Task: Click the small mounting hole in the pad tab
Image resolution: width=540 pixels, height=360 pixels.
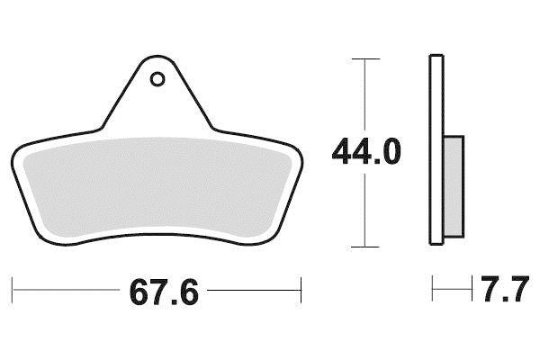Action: coord(157,79)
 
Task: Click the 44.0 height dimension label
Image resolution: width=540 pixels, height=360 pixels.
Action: coord(366,151)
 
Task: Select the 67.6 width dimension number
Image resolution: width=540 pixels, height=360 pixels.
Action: coord(164,292)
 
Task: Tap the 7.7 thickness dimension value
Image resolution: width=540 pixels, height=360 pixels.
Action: coord(505,289)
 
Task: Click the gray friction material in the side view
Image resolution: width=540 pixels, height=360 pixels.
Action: coord(454,186)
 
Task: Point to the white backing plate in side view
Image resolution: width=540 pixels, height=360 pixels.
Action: coord(436,150)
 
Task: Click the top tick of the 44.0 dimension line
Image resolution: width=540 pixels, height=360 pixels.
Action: coord(365,58)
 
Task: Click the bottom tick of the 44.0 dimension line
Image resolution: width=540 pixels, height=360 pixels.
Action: coord(365,247)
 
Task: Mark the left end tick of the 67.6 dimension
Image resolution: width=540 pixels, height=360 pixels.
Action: coord(13,290)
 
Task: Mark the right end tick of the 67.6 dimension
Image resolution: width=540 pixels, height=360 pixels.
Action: coord(301,290)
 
